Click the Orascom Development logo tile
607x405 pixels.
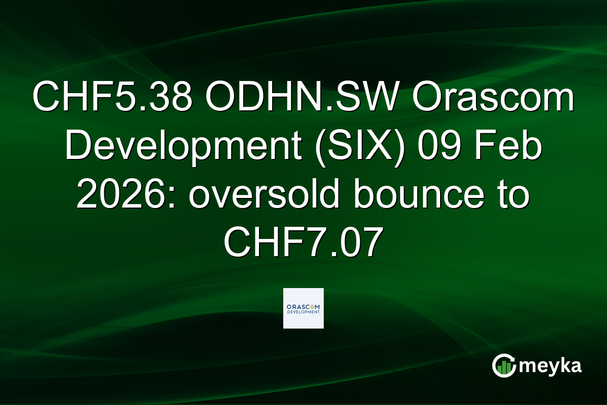pos(303,308)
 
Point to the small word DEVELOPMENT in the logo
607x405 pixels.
pos(303,313)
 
